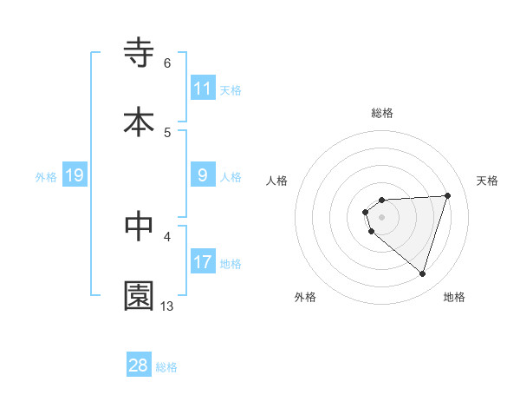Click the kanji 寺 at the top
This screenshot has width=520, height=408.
point(139,53)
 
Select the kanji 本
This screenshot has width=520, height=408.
point(139,122)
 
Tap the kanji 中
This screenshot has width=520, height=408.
point(139,226)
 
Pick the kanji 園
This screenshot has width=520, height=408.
point(139,295)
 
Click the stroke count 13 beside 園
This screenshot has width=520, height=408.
point(167,306)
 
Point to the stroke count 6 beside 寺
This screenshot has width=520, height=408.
point(167,63)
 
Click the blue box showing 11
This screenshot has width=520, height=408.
point(203,88)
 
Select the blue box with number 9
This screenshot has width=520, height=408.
point(203,175)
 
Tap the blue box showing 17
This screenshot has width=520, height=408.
point(203,261)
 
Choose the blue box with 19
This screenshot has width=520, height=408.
point(75,175)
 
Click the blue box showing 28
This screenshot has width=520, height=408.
point(139,365)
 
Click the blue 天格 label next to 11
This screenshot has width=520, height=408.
point(231,89)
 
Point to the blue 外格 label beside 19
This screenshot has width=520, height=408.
point(46,176)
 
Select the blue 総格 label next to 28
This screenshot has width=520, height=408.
point(166,366)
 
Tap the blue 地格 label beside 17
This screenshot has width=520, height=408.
point(231,263)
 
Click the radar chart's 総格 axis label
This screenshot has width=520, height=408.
point(382,113)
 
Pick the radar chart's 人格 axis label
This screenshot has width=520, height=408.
point(277,181)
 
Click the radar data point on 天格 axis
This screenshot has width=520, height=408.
point(448,195)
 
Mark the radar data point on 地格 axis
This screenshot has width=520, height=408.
point(422,273)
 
